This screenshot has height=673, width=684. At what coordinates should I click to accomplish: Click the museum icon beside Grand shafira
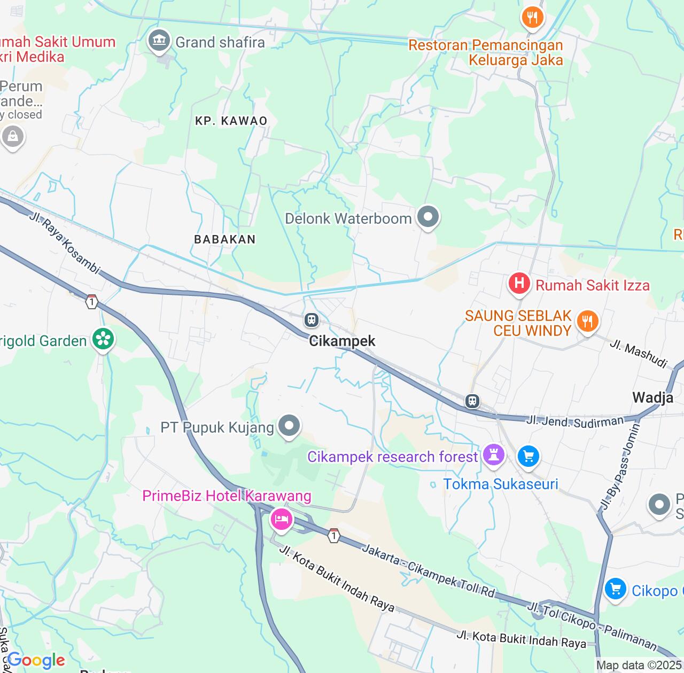click(x=159, y=41)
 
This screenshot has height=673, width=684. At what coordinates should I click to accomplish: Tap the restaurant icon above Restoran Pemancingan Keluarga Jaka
click(x=532, y=18)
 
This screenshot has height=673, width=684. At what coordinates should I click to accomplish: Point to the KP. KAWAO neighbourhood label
click(x=231, y=121)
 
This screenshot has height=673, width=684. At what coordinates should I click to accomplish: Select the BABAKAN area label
click(x=225, y=239)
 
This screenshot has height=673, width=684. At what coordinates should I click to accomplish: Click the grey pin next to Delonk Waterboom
click(x=428, y=217)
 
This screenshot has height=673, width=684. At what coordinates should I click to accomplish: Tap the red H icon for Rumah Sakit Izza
click(x=519, y=283)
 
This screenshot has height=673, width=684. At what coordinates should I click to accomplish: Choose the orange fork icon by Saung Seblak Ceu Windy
click(x=587, y=322)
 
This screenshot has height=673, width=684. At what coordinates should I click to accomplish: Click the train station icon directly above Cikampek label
click(x=311, y=320)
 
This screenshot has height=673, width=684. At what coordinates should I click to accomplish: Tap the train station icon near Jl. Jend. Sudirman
click(x=472, y=401)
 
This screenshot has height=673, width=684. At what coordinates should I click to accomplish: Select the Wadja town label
click(x=652, y=397)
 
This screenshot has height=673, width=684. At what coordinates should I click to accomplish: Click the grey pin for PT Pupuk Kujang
click(x=289, y=426)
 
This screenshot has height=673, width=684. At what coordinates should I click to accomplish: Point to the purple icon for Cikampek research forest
click(x=493, y=456)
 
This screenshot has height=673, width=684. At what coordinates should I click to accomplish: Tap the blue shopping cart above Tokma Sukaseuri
click(x=528, y=456)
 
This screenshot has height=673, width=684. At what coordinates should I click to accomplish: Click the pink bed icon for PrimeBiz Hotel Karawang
click(x=281, y=519)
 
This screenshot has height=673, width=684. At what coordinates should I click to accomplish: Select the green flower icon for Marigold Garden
click(x=103, y=339)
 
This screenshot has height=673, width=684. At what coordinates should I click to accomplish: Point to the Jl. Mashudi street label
click(x=639, y=354)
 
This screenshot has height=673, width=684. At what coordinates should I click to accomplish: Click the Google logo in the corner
click(x=36, y=660)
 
